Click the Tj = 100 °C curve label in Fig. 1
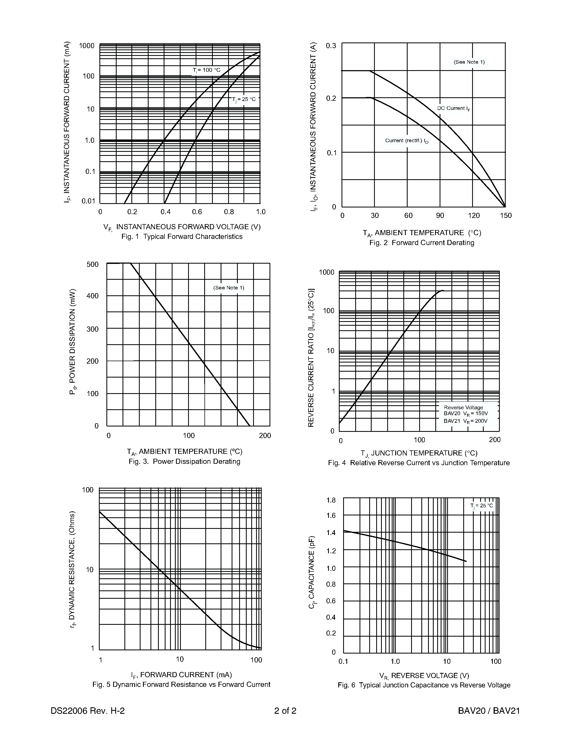[x=206, y=70]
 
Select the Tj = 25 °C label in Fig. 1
[x=243, y=99]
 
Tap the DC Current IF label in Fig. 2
[x=454, y=108]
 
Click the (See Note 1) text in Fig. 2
[x=469, y=62]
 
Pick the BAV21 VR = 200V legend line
[x=465, y=421]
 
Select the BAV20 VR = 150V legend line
[x=465, y=414]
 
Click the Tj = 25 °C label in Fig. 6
[x=481, y=505]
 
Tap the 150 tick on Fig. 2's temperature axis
[x=506, y=216]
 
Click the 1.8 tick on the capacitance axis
[x=331, y=500]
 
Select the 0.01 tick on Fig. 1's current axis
[x=88, y=201]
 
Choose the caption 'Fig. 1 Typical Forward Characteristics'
[x=182, y=236]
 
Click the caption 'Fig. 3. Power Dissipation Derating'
[x=184, y=461]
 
